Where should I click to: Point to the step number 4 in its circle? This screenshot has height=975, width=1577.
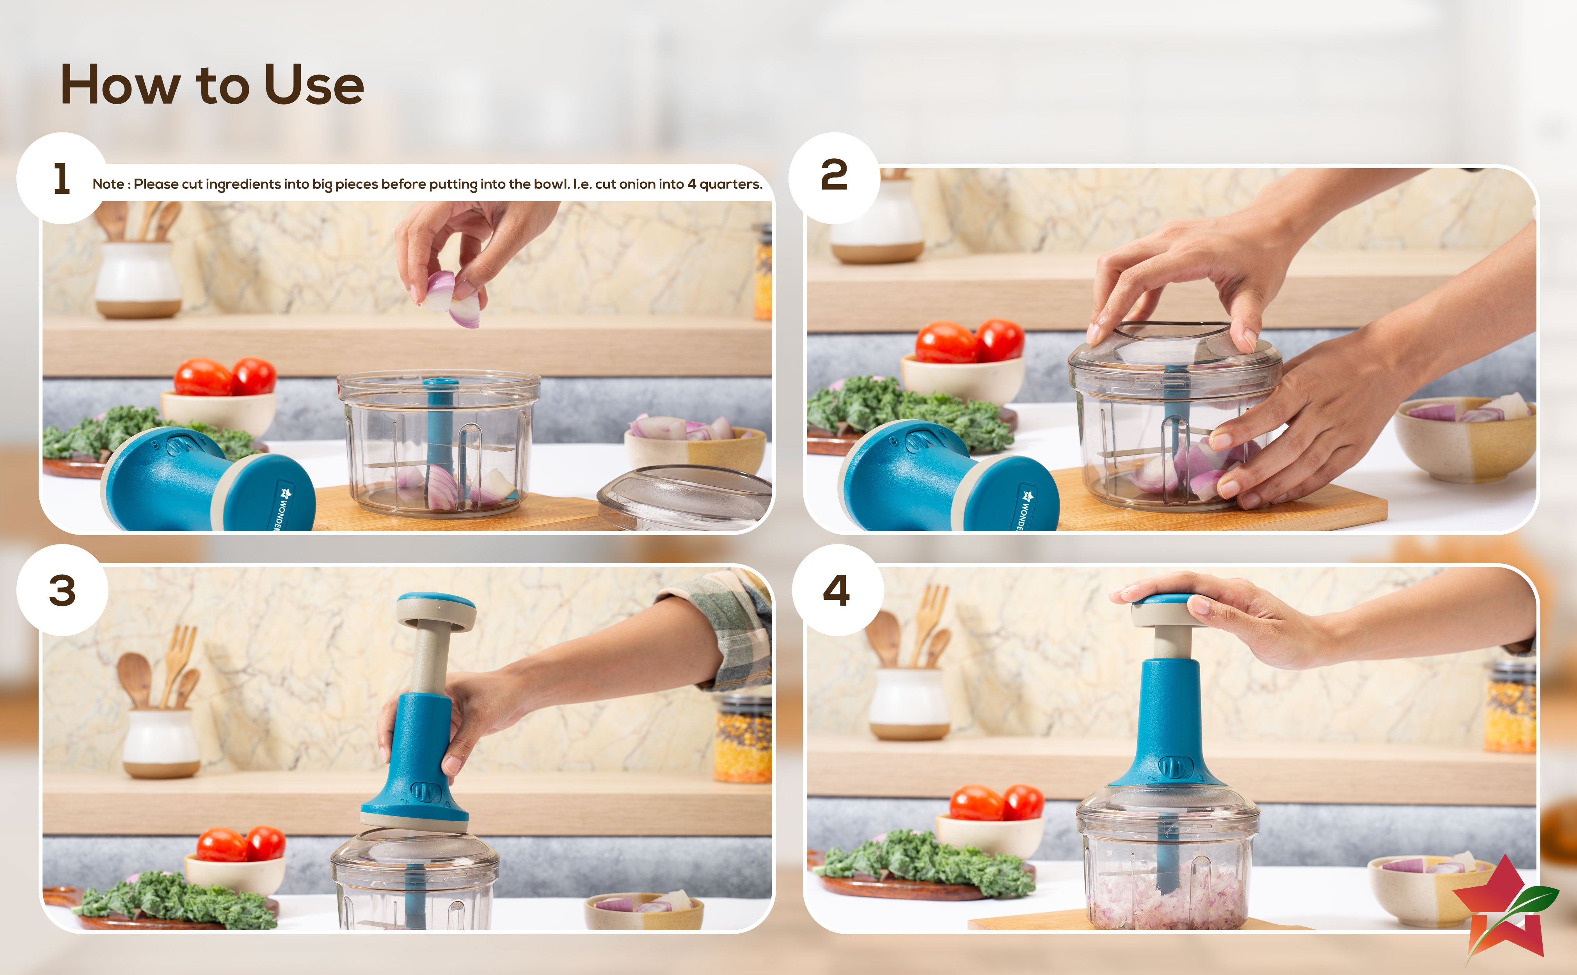(x=836, y=590)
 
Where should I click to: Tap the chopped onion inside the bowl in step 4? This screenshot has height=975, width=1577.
(x=1167, y=900)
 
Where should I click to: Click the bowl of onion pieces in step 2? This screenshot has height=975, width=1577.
(x=1465, y=438)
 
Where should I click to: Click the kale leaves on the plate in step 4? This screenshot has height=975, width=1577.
(x=925, y=864)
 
